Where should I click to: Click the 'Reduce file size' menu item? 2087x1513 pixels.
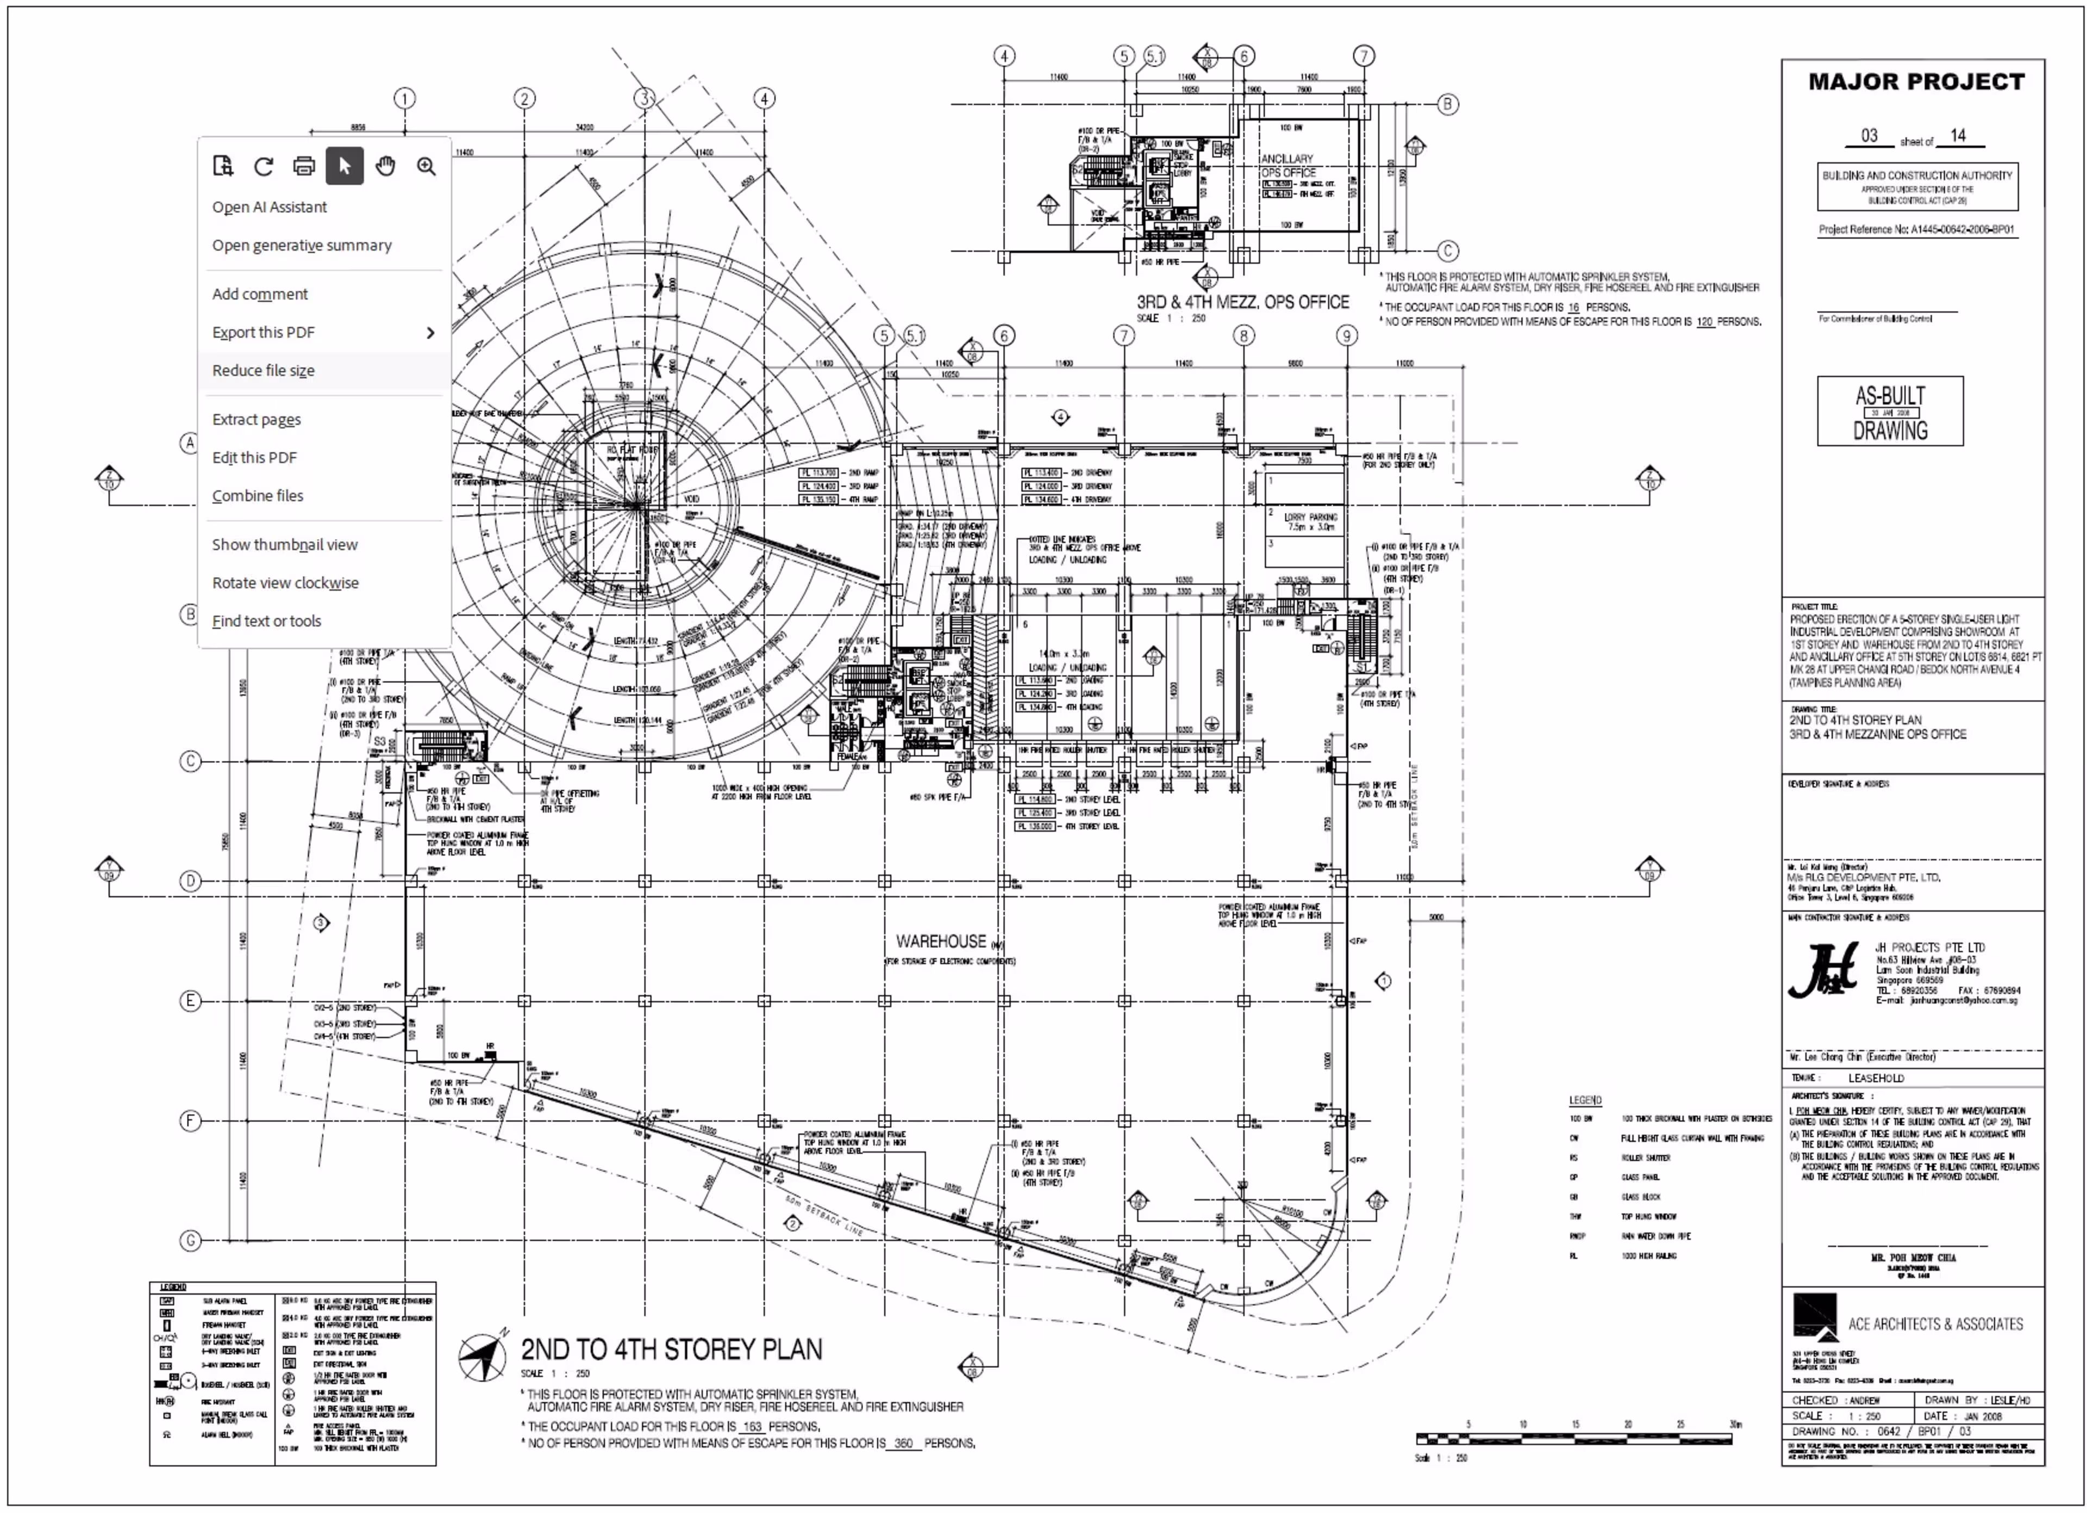[x=263, y=371]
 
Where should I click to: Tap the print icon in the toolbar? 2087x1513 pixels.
[x=304, y=167]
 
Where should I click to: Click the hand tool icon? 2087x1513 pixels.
[x=385, y=167]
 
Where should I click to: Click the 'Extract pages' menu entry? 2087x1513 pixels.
[x=257, y=420]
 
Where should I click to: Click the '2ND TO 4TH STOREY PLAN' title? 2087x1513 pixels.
[x=671, y=1350]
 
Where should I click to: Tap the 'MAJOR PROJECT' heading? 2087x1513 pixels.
[x=1916, y=82]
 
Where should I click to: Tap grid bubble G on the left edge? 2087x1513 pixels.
[x=190, y=1241]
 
